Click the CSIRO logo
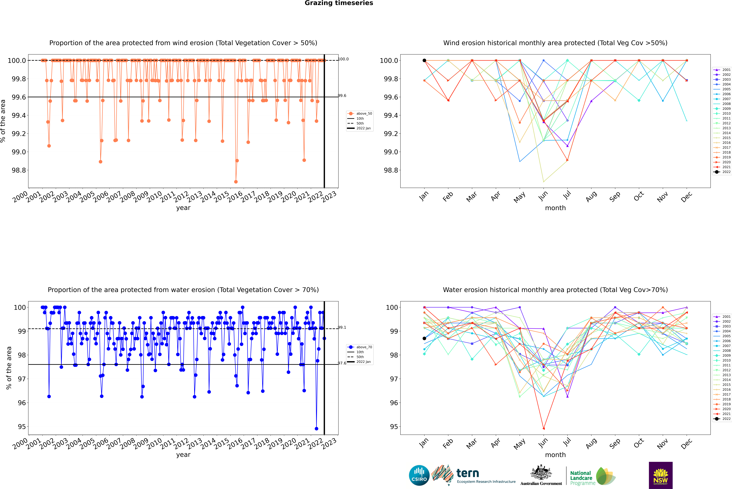419,475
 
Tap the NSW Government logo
661,475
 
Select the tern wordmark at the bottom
467,473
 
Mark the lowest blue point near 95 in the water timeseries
316,428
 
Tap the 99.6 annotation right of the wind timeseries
342,96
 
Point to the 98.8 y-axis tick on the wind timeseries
19,170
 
